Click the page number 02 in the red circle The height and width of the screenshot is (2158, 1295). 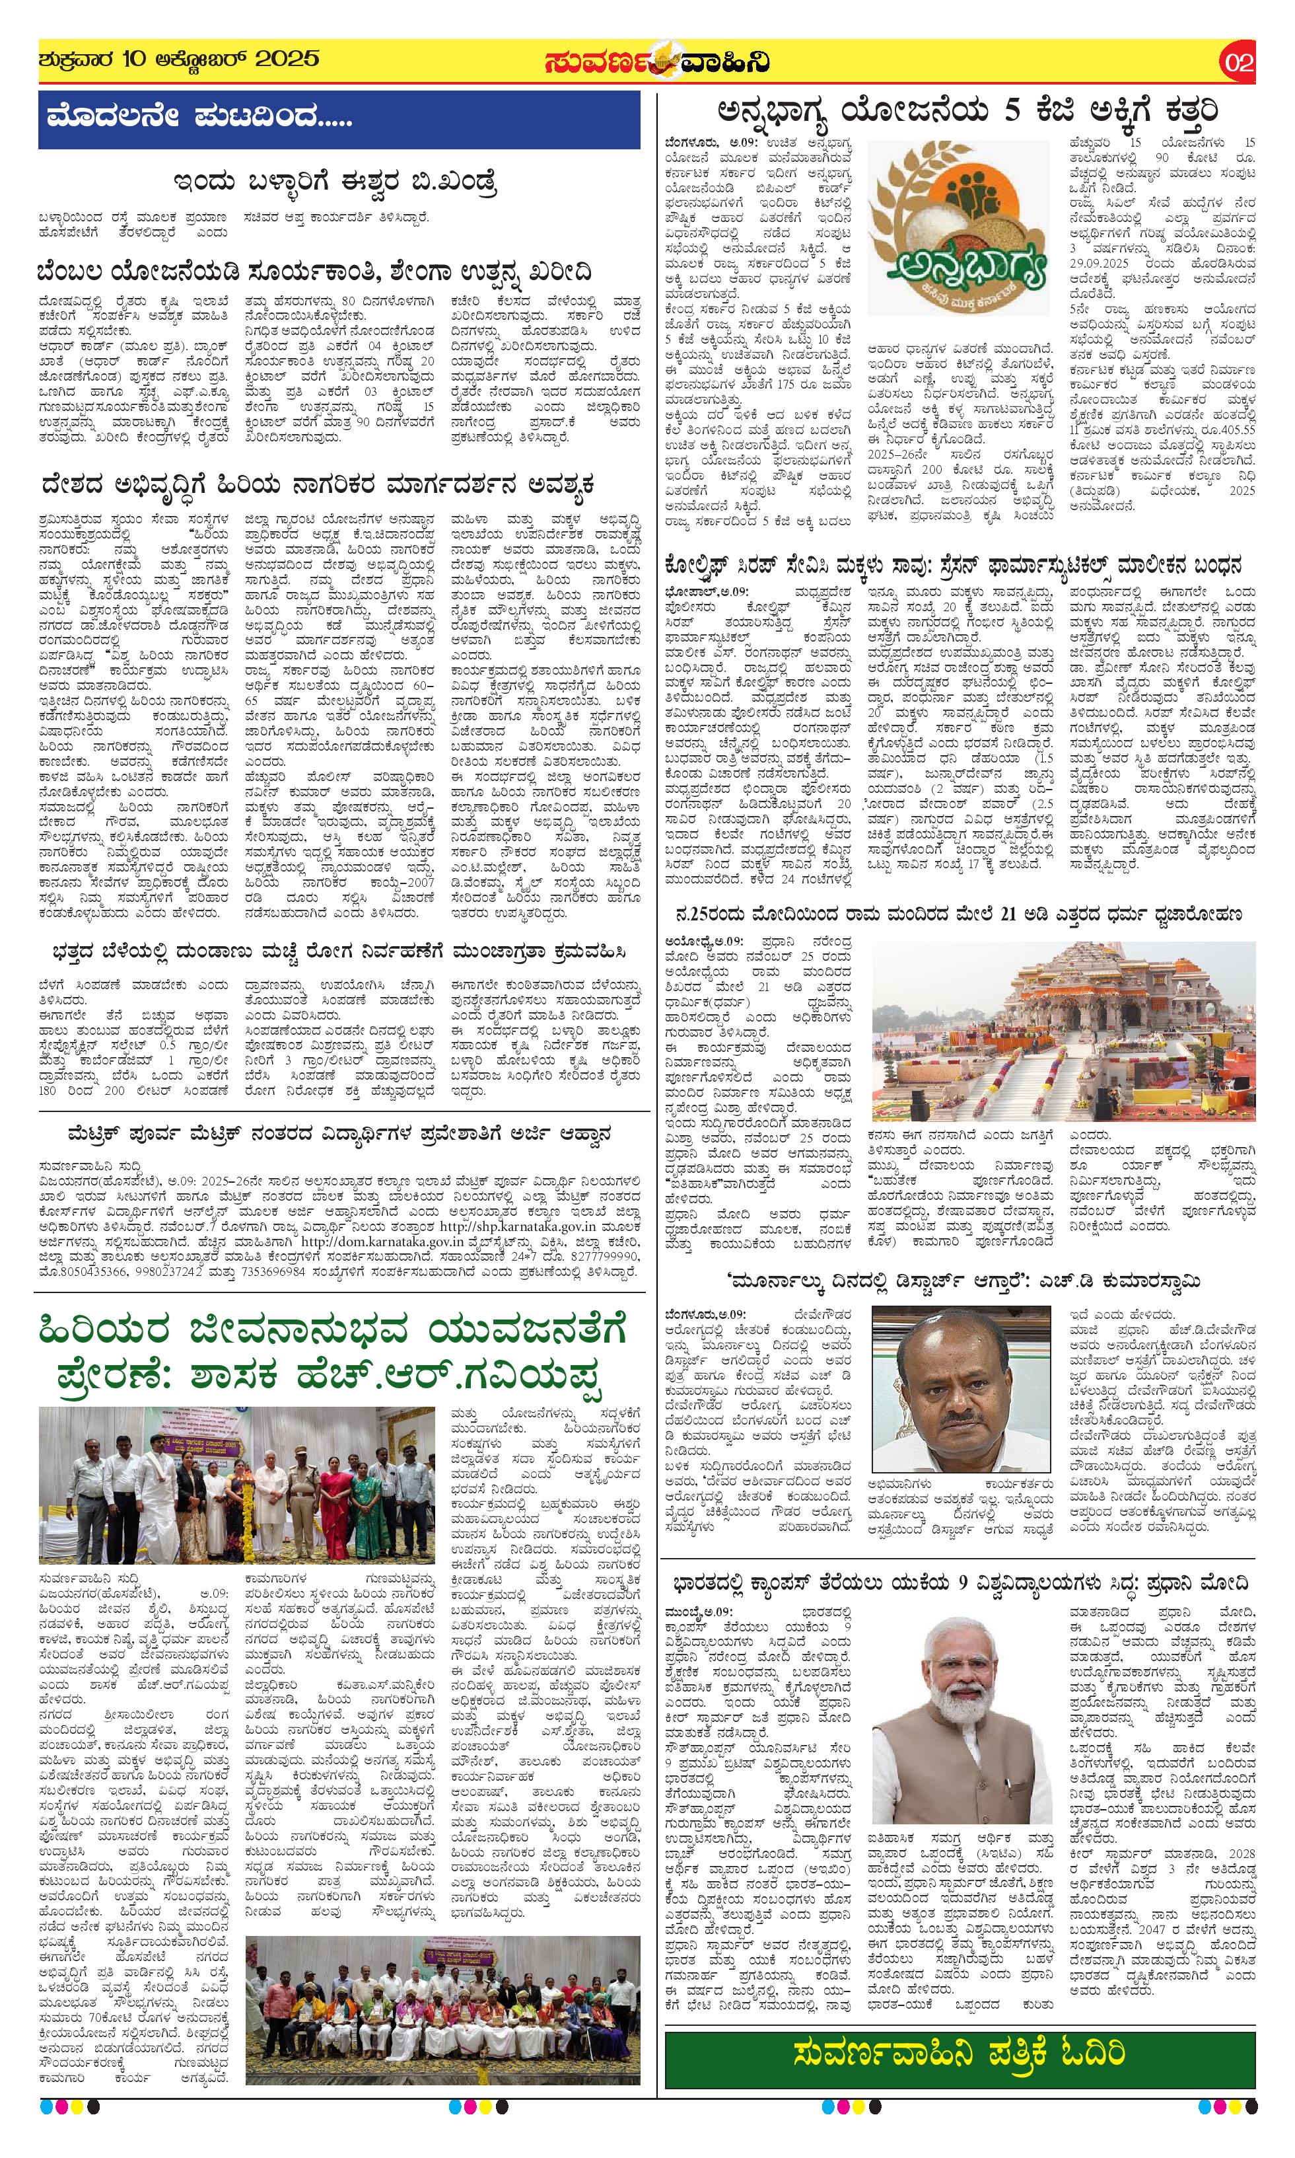(1238, 63)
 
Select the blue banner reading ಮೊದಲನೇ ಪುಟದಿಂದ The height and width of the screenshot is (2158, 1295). (339, 119)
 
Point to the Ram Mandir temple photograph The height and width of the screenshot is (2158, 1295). (1063, 1030)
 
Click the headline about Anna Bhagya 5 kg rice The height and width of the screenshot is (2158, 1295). (967, 112)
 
